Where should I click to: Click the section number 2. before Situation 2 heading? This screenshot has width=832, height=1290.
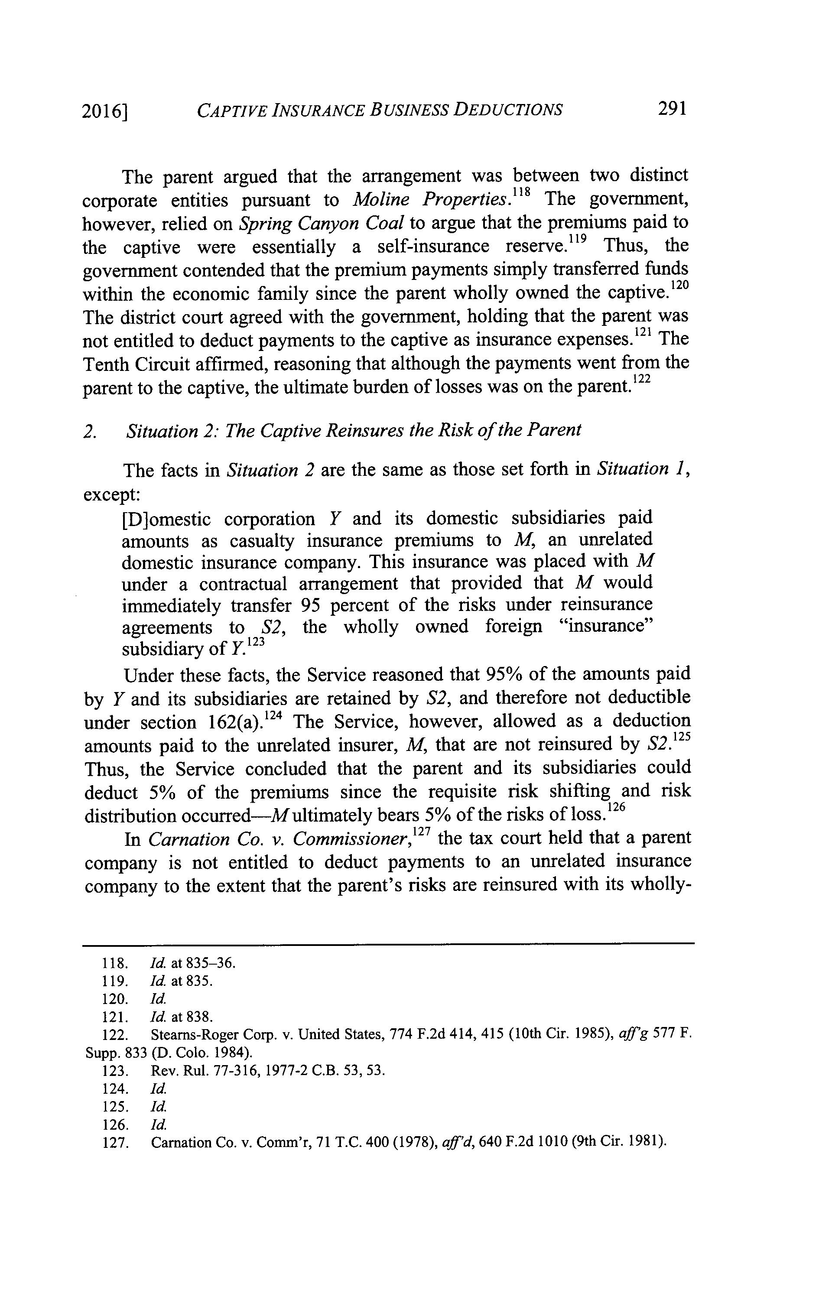(x=90, y=431)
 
